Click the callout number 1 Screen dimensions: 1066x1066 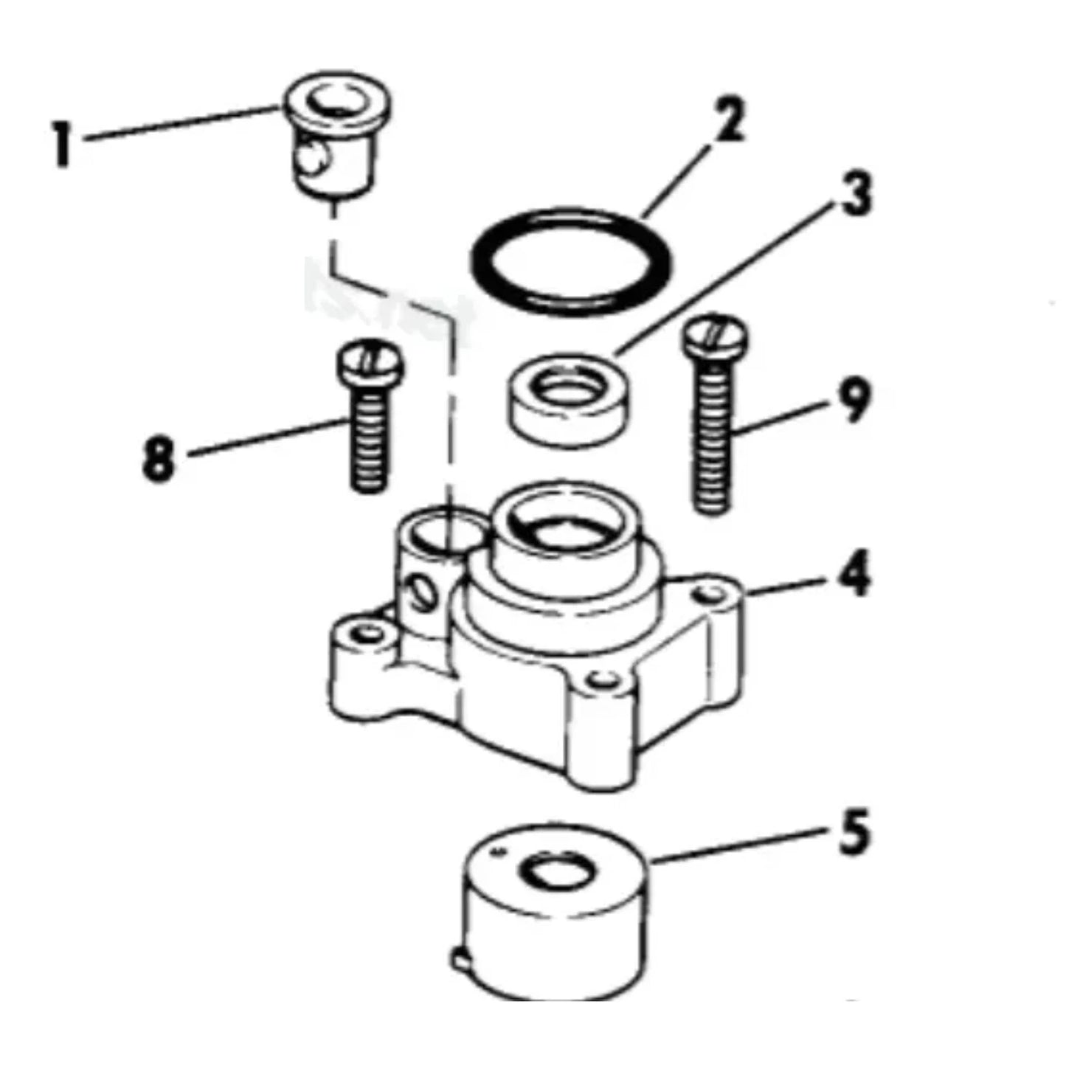coord(62,144)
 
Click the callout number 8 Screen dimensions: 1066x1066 coord(159,458)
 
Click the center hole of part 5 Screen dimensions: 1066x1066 coord(553,873)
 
